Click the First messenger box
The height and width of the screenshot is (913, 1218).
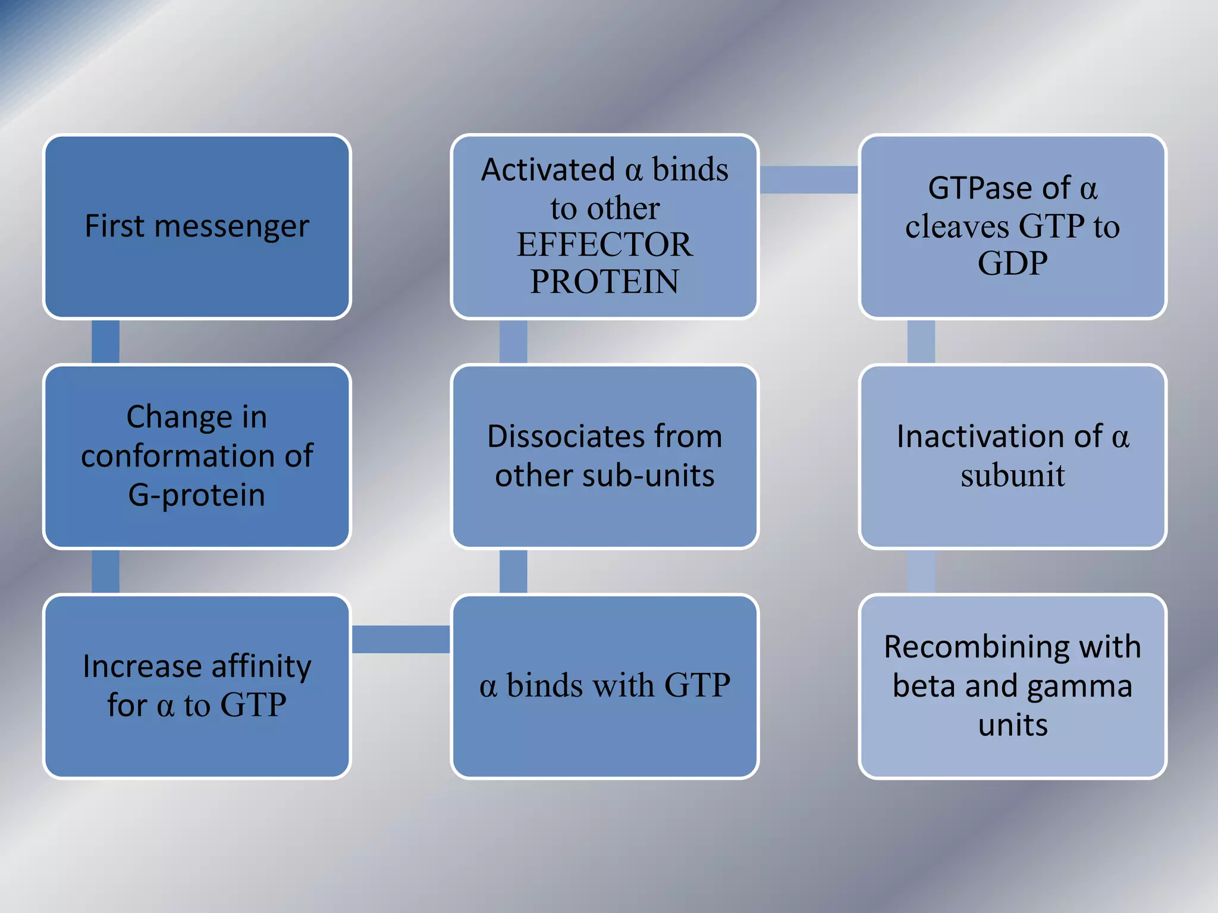(x=197, y=226)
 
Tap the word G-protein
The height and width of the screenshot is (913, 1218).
(x=197, y=495)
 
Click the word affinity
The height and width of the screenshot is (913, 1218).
(x=262, y=666)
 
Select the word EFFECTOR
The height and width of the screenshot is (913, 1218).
(x=604, y=244)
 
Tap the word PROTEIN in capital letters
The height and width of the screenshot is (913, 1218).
(x=604, y=282)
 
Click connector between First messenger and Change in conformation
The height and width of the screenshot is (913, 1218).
(x=105, y=342)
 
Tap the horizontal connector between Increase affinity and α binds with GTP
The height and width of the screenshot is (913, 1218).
(x=401, y=639)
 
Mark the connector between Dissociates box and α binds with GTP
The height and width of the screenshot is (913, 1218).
(x=513, y=571)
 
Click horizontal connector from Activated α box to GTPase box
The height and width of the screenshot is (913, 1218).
(x=808, y=180)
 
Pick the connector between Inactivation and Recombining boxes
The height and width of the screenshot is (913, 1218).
(x=921, y=571)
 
